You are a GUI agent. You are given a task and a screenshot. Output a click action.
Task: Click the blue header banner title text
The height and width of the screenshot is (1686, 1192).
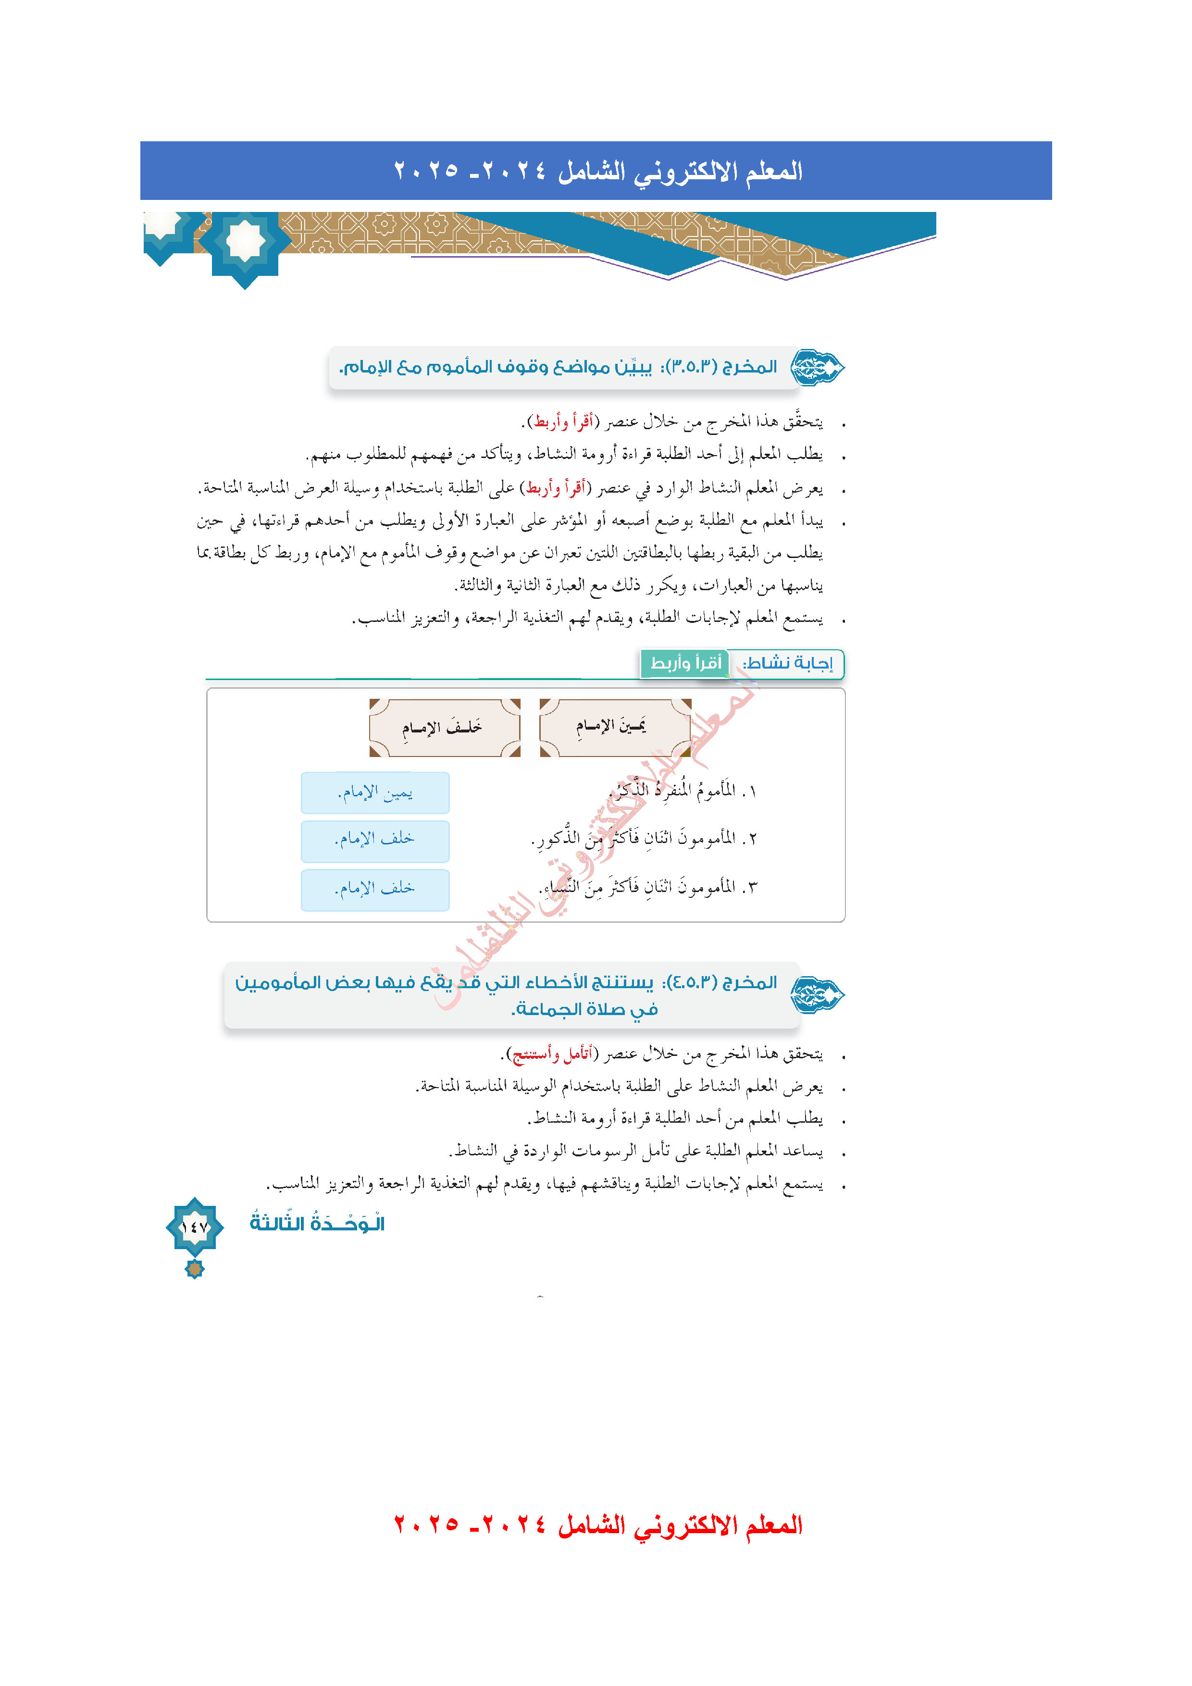pos(598,171)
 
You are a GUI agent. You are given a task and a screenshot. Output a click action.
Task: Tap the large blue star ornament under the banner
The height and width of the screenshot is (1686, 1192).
pos(245,242)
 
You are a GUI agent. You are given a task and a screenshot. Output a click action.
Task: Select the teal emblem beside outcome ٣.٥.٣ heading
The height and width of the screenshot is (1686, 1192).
pos(817,367)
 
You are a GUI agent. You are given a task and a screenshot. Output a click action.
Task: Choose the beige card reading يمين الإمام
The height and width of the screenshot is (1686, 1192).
pos(615,727)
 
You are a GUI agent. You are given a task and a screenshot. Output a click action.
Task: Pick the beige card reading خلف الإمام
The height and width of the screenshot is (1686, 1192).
pos(444,728)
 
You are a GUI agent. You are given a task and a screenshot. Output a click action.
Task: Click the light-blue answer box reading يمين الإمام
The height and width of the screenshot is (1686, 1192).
pos(375,793)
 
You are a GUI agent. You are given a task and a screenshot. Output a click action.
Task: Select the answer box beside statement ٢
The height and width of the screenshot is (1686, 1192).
pos(375,840)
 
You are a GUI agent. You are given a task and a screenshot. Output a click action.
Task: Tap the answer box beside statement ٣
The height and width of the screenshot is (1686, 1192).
pos(375,889)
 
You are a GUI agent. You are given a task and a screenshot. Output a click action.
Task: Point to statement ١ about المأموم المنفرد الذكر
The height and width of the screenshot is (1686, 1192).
pos(683,791)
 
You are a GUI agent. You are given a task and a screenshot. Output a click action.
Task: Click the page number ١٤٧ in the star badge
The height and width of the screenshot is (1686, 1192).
pos(195,1227)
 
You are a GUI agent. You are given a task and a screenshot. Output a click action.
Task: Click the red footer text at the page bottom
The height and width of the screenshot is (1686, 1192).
pos(598,1525)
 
